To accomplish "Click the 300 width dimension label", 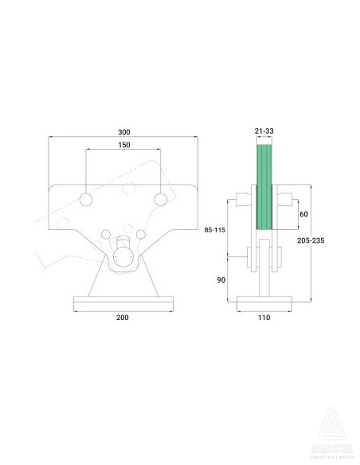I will tap(123, 131).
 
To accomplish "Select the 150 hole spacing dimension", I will tap(123, 146).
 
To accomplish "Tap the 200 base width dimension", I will tap(123, 317).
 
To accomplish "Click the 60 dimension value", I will tap(303, 214).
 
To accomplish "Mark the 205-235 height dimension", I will tap(330, 240).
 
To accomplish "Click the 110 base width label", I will tap(264, 317).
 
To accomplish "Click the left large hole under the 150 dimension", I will tap(87, 197).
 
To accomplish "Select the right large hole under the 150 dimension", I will tap(161, 197).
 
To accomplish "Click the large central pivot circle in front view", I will tap(123, 258).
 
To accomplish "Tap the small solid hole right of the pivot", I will tap(141, 233).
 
